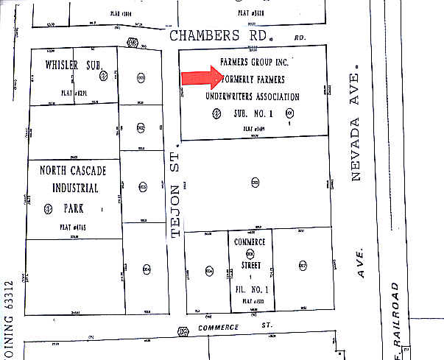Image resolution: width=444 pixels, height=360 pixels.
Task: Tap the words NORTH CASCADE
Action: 72,171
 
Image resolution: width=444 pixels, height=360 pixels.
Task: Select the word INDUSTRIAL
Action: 73,187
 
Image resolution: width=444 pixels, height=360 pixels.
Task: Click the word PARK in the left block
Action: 74,204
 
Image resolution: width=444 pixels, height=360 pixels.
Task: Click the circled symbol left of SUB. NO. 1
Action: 216,113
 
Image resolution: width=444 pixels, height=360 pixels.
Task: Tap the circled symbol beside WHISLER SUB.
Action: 104,75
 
